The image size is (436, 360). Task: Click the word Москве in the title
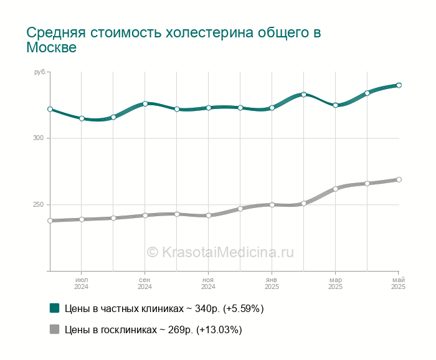point(52,47)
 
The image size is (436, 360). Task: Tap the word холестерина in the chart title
point(210,32)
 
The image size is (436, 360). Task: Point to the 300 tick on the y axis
point(39,138)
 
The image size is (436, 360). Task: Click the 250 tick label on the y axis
point(39,205)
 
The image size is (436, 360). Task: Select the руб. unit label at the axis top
point(40,72)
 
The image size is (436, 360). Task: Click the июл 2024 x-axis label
point(81,283)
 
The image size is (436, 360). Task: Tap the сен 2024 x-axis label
point(145,283)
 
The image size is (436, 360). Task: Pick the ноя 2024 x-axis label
point(208,283)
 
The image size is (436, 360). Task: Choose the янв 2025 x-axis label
point(272,283)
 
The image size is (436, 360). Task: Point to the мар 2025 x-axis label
point(335,283)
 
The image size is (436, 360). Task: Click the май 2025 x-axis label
point(398,283)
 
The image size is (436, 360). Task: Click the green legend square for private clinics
point(55,308)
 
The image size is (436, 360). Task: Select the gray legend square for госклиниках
point(55,329)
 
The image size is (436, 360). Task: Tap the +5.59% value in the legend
point(244,308)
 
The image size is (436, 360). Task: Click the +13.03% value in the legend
point(219,329)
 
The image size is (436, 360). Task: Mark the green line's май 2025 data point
point(399,85)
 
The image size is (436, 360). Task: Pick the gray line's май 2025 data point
point(399,179)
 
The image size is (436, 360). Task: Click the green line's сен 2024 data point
point(145,103)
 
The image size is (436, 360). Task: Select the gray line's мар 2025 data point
point(335,189)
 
